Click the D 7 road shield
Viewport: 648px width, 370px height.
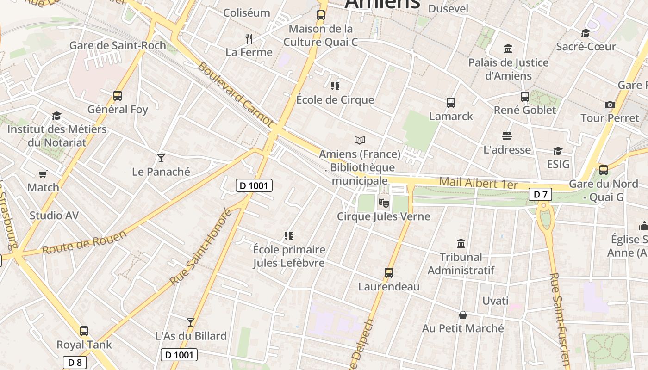[x=540, y=195]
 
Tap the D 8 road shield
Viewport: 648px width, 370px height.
[x=75, y=363]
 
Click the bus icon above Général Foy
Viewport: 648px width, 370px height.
[x=118, y=96]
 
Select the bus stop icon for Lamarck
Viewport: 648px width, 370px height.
[x=451, y=103]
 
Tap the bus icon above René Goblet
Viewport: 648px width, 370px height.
[x=524, y=97]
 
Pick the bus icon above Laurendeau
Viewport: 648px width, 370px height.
[x=389, y=273]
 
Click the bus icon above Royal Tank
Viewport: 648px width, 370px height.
[x=84, y=331]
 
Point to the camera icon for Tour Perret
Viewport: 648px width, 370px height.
[x=610, y=105]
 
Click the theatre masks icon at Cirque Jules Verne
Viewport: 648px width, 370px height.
[x=383, y=203]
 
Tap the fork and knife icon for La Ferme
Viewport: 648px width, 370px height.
[x=249, y=38]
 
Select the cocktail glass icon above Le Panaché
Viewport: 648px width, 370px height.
[x=161, y=158]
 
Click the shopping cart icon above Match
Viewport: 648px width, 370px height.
[x=43, y=174]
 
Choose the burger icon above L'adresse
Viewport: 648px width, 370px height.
[x=507, y=136]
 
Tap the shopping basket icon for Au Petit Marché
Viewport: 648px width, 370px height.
[x=462, y=315]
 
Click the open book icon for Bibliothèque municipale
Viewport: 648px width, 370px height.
[x=360, y=140]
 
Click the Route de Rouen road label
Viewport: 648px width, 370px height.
[x=84, y=243]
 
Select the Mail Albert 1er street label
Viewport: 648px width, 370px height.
[x=478, y=183]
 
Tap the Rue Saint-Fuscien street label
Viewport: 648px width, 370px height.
[x=560, y=319]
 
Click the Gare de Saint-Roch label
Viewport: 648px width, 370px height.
[x=118, y=45]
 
